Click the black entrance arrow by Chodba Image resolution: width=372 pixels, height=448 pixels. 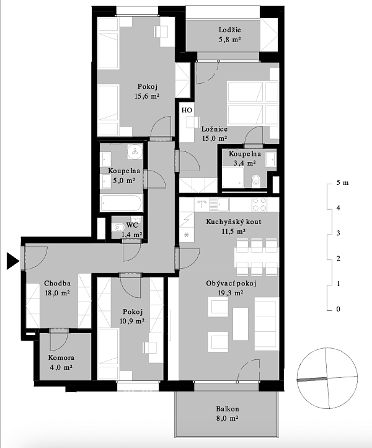[12, 261]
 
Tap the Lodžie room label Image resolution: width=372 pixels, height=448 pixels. [230, 30]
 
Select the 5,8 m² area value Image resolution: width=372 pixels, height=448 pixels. [230, 40]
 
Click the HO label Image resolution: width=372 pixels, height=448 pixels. [187, 110]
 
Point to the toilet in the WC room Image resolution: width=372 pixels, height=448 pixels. [118, 228]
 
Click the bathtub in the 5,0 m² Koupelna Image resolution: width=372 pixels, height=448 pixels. [122, 203]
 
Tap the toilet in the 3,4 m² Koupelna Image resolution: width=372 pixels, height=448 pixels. [256, 180]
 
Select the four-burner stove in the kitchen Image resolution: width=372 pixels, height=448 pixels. [259, 205]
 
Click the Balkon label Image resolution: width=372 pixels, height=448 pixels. [228, 409]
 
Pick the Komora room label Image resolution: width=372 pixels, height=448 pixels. [61, 357]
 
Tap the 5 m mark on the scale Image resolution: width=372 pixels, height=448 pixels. [342, 182]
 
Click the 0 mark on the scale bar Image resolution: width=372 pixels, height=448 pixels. [339, 309]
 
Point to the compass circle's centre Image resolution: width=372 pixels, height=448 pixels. [327, 379]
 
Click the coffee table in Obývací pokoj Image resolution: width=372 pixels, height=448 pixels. [241, 323]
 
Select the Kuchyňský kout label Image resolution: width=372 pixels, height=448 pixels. [234, 222]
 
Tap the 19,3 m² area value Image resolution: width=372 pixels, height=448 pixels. [231, 293]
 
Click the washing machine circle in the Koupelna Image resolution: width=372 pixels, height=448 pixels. [135, 151]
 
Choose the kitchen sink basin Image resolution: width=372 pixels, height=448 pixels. [223, 204]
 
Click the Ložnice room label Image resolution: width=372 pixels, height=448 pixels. [215, 129]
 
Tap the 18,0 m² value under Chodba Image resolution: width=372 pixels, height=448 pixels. [57, 293]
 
